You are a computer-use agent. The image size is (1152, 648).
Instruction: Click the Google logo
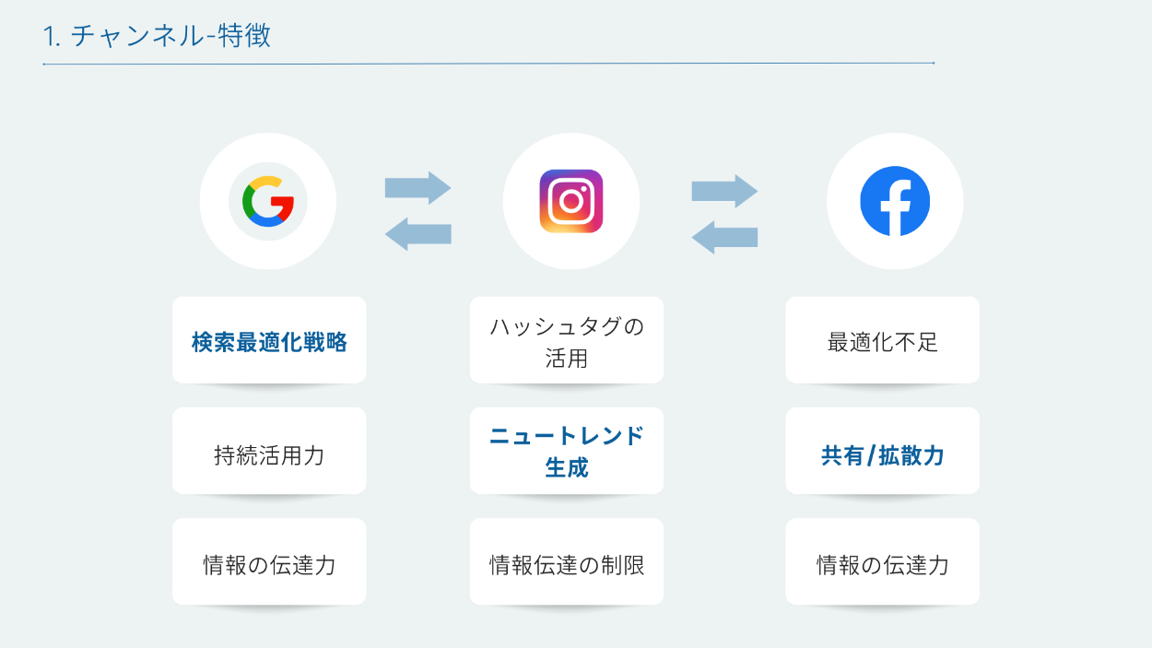coord(267,201)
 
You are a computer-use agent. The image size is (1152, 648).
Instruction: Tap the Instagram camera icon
coord(571,201)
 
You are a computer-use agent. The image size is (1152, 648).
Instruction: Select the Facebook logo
coord(895,201)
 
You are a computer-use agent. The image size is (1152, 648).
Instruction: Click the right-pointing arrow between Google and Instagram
coord(417,188)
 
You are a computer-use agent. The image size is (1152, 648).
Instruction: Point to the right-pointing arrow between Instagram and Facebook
coord(724,191)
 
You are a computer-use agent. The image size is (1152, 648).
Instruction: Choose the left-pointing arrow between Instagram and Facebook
coord(724,237)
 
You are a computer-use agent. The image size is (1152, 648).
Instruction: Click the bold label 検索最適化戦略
coord(269,342)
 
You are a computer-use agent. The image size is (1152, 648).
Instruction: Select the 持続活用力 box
coord(269,454)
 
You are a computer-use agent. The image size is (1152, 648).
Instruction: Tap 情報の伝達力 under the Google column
coord(269,565)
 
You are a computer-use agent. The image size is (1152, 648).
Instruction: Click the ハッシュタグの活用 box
coord(567,342)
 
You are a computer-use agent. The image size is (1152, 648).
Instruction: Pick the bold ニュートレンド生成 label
coord(567,452)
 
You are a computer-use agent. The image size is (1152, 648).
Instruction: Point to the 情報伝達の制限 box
coord(567,565)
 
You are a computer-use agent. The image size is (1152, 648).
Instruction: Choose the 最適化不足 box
coord(883,342)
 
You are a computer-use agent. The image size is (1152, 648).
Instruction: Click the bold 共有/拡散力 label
coord(883,454)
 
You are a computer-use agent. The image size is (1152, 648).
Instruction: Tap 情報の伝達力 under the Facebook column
coord(883,565)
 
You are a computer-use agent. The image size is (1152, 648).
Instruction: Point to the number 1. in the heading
coord(52,37)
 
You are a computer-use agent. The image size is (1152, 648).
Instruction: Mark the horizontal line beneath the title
coord(488,64)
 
